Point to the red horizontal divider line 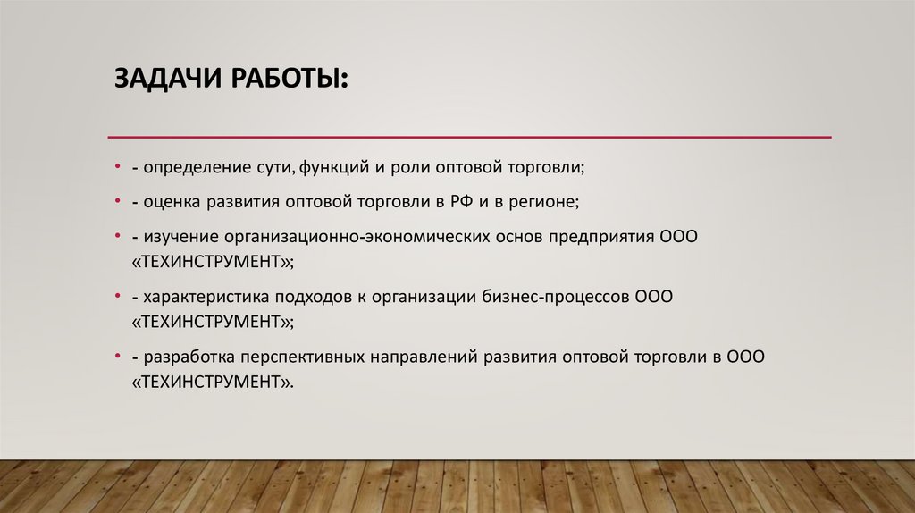point(469,137)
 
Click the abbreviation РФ point(459,203)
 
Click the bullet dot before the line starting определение point(118,167)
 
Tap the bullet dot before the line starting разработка point(118,357)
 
